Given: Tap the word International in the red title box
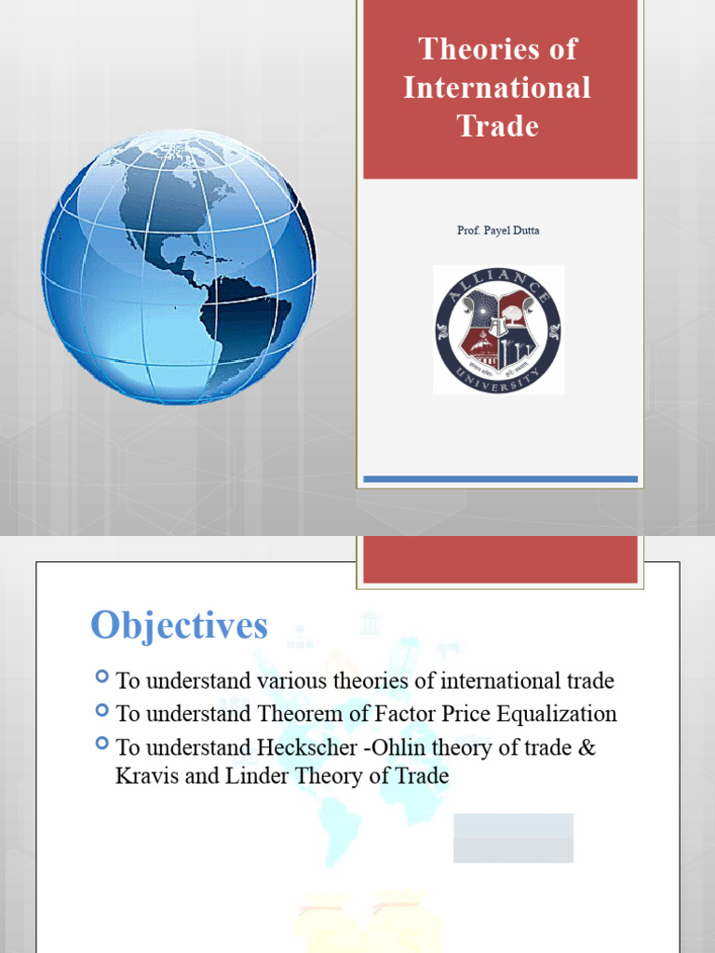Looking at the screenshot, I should tap(498, 87).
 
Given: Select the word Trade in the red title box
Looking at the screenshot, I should tap(498, 126).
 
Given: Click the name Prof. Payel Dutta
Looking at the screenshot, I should tap(498, 230).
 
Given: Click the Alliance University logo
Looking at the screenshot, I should tap(498, 329).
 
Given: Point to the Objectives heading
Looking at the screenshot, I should tap(179, 626).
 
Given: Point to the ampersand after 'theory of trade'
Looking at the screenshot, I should tap(586, 747).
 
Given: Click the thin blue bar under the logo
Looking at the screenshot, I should tap(500, 479).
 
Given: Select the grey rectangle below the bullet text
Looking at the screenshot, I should tap(513, 838).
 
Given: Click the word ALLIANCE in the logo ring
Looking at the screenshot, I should tap(498, 282).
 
